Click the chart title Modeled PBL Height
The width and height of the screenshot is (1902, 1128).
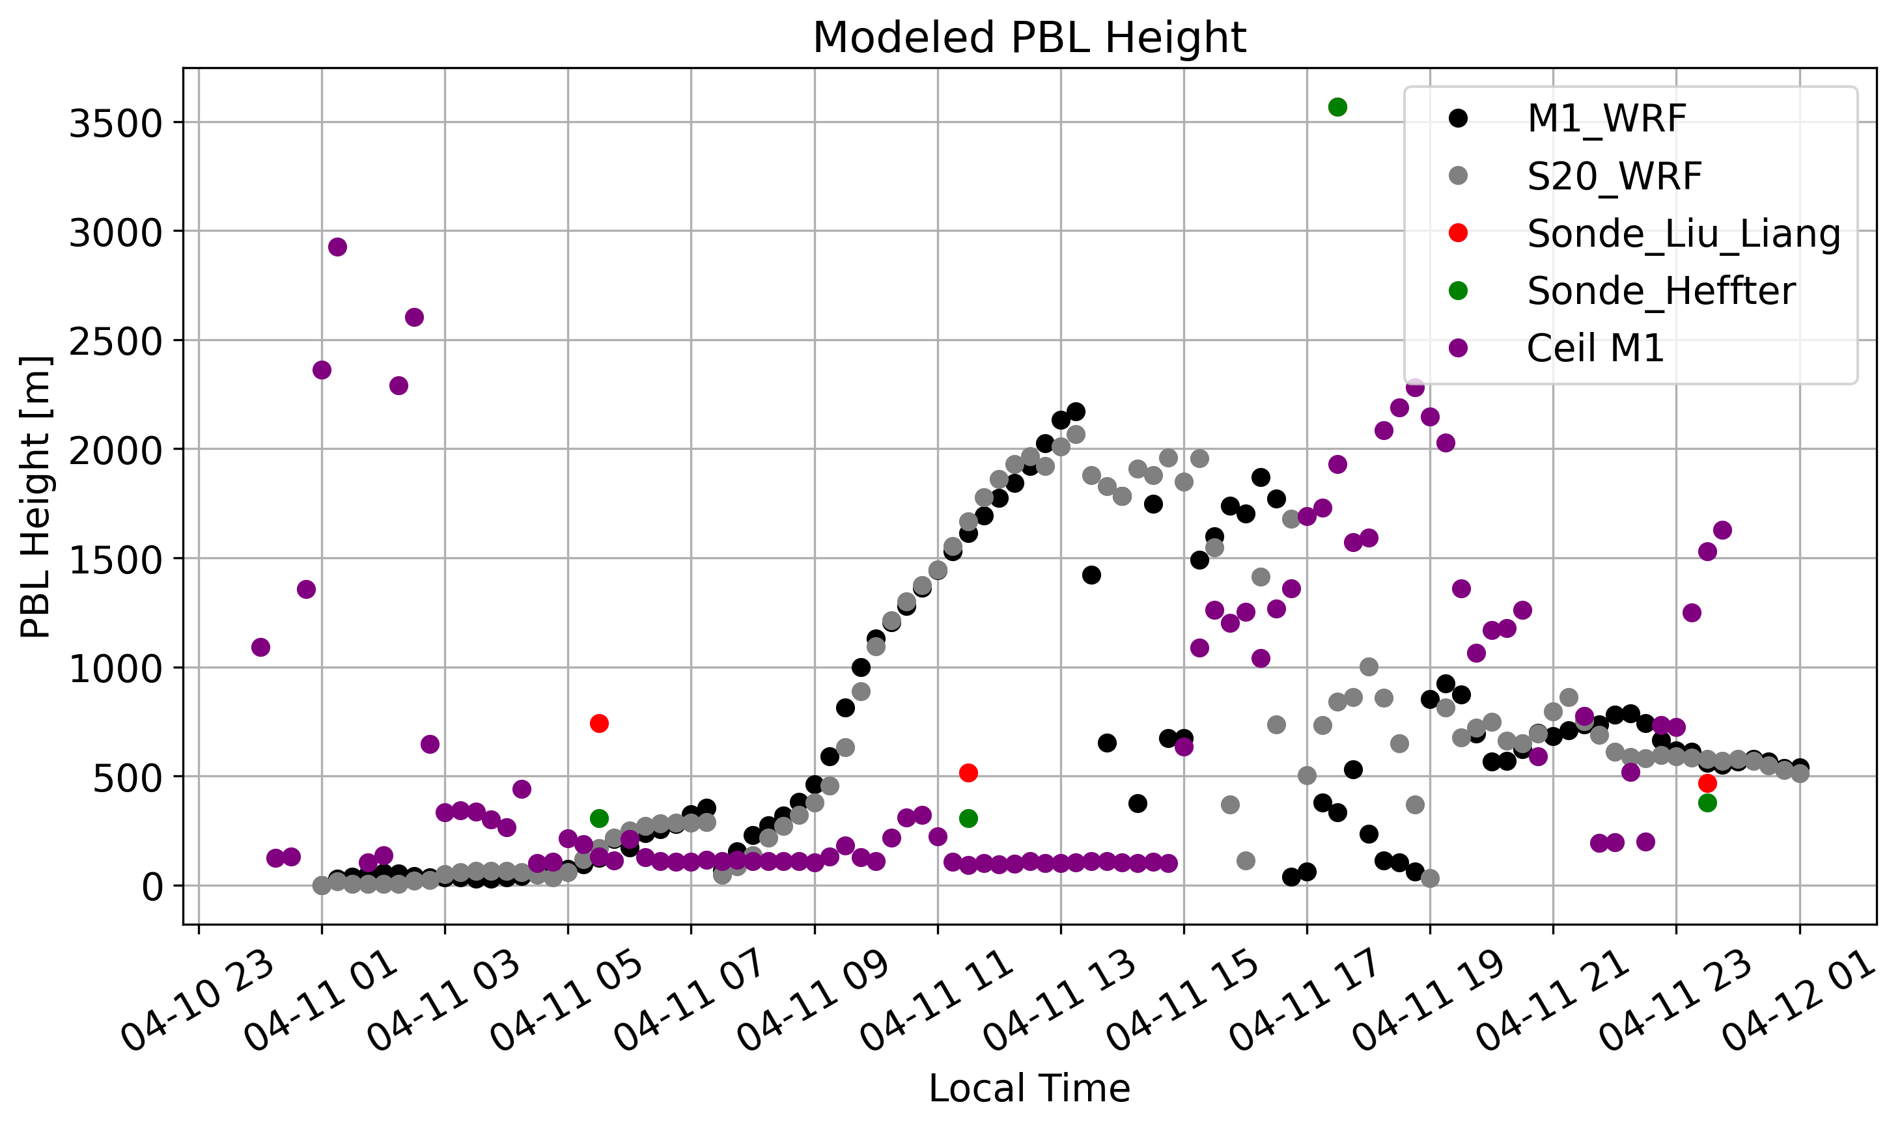click(1029, 37)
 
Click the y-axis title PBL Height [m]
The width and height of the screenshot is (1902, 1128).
click(36, 497)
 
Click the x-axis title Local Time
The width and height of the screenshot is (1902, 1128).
click(1029, 1088)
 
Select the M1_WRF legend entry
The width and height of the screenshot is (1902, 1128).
click(1606, 118)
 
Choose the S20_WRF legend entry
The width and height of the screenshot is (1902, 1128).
click(1613, 176)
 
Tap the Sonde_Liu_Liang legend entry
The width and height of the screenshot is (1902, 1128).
click(1683, 234)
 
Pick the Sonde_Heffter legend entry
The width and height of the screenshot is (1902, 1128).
click(1660, 291)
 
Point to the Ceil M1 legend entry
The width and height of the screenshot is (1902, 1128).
click(1595, 349)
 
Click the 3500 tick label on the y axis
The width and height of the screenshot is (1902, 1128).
click(115, 124)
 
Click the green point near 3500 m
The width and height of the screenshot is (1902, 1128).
click(1337, 107)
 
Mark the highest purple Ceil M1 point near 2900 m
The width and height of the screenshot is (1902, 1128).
click(337, 247)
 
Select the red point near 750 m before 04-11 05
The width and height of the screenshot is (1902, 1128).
click(599, 723)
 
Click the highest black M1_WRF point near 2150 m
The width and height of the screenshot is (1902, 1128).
click(1076, 411)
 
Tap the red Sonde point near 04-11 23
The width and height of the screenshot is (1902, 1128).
click(1707, 783)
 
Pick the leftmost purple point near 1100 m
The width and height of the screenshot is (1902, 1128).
click(260, 647)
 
